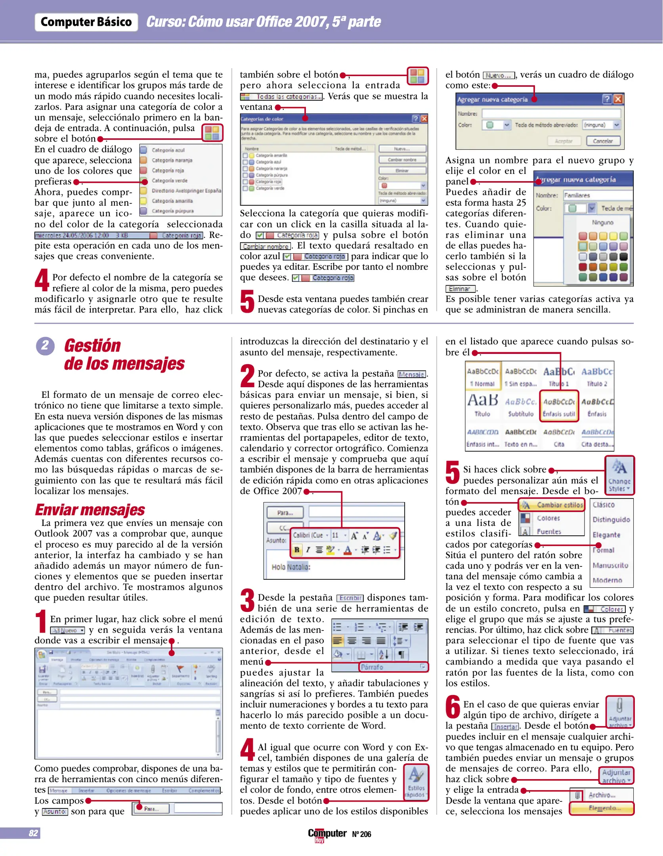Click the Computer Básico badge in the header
86,22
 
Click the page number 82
33,833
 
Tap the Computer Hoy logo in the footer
327,834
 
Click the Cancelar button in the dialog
602,141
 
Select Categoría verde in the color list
169,181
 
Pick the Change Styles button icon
619,475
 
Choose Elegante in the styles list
606,535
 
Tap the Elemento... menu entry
602,808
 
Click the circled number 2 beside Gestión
45,346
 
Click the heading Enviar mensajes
90,510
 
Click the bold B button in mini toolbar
296,550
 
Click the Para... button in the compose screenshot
285,513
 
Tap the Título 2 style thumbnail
597,376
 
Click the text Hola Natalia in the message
291,567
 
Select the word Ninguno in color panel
602,223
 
